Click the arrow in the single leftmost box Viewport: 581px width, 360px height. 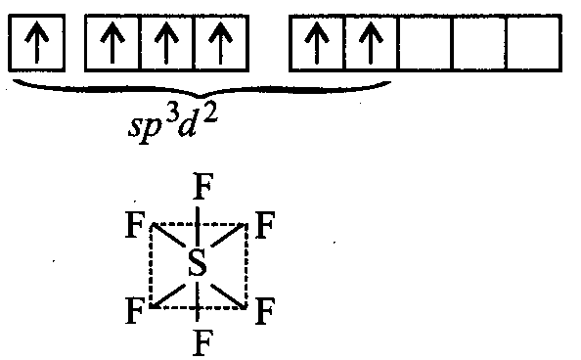(x=37, y=42)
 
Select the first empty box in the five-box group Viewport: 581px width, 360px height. (x=425, y=42)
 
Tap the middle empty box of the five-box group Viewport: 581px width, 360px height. (x=425, y=42)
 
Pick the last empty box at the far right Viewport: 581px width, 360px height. (x=534, y=42)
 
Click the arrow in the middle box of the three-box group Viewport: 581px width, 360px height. (x=166, y=42)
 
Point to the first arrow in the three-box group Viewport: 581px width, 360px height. (x=112, y=42)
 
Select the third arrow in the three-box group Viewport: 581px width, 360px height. (x=220, y=42)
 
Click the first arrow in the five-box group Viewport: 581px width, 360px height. (x=317, y=42)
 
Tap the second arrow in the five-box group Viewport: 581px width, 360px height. (x=370, y=42)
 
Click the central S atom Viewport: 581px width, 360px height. (x=198, y=262)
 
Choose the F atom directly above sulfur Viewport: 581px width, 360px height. (x=203, y=187)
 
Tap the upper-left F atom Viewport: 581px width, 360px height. (x=135, y=225)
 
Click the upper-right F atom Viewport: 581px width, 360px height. (x=264, y=225)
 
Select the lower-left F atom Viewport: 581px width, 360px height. (x=135, y=311)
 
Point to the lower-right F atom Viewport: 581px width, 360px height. (x=264, y=311)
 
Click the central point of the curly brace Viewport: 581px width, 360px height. (x=201, y=97)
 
